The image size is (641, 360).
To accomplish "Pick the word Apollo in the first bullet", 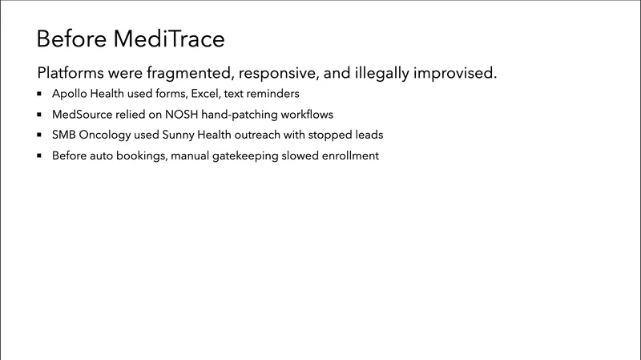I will pyautogui.click(x=70, y=94).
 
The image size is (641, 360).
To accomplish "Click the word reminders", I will pyautogui.click(x=270, y=94).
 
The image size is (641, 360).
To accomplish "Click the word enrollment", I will pyautogui.click(x=348, y=156).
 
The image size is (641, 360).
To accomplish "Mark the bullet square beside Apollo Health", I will pyautogui.click(x=39, y=94).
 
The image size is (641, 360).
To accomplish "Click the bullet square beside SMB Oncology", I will pyautogui.click(x=39, y=135).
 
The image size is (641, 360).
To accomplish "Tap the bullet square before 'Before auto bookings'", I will pyautogui.click(x=39, y=156).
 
